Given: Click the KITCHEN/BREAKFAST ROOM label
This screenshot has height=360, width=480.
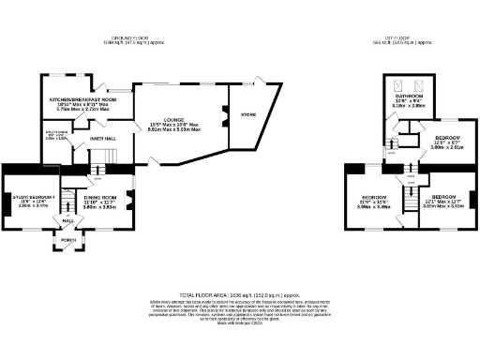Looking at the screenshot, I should tap(82, 98).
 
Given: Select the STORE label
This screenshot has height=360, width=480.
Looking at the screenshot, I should tap(247, 114).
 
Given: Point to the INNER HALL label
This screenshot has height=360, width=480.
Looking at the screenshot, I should tap(102, 139).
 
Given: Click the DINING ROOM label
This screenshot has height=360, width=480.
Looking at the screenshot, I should tap(100, 197).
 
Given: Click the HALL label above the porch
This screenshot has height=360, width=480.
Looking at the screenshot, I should tap(68, 221).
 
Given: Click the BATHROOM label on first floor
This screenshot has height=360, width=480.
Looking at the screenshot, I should tap(407, 97).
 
